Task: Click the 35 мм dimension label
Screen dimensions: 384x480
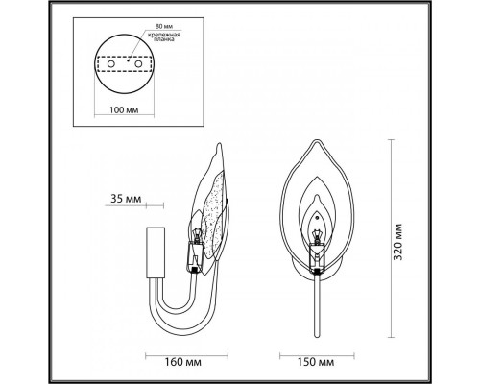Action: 125,200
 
